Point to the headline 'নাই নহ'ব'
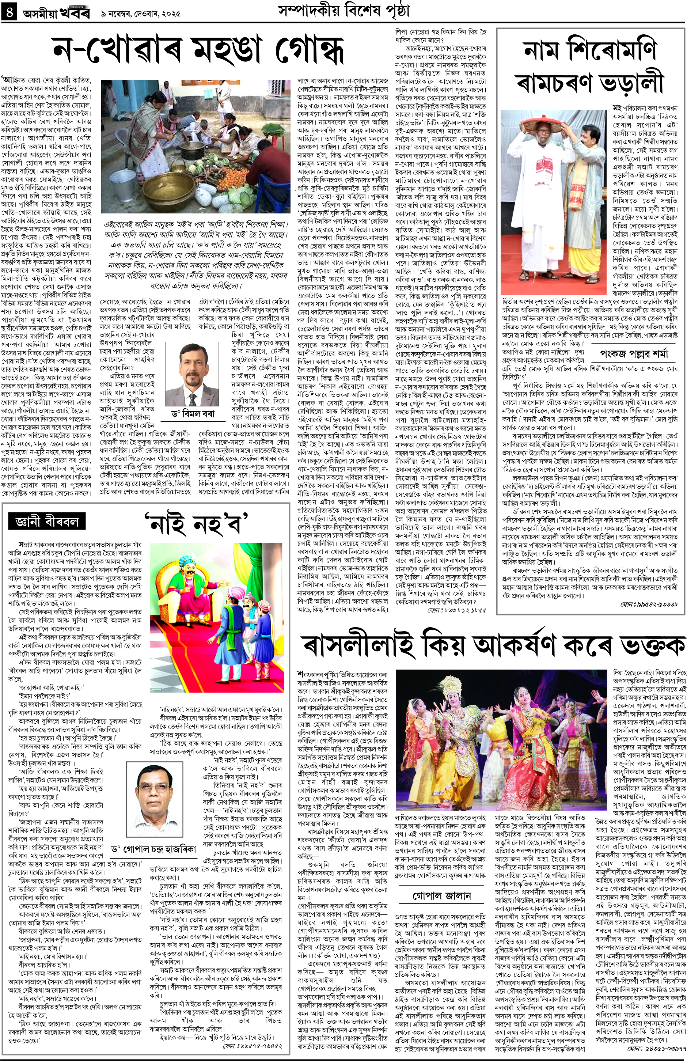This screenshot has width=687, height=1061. coord(196,523)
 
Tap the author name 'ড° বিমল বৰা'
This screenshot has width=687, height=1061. coord(196,414)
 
